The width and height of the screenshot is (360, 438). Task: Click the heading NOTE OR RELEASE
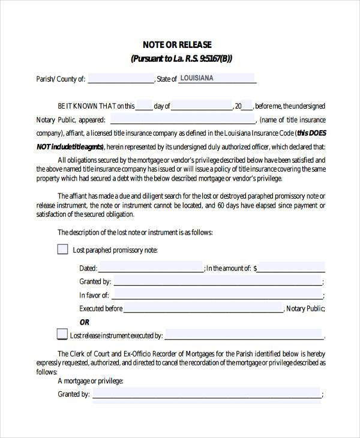pos(176,45)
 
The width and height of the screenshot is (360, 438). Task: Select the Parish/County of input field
pos(121,79)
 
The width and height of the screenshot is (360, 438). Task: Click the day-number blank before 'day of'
pos(144,106)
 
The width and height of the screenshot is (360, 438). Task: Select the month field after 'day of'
pos(202,106)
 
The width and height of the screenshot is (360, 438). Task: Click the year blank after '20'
pos(248,106)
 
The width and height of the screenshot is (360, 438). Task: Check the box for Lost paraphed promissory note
pos(62,249)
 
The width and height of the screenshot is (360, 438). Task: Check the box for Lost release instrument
pos(62,334)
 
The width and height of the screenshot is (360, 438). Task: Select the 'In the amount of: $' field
pos(291,268)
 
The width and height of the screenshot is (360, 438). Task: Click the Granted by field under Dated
pos(217,281)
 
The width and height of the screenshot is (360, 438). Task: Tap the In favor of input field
pos(217,295)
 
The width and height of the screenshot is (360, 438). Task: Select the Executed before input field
pos(203,308)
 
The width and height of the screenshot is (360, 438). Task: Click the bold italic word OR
pos(85,322)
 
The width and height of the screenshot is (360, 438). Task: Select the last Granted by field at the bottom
pos(206,394)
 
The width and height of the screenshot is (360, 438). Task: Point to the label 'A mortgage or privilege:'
pos(91,381)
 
